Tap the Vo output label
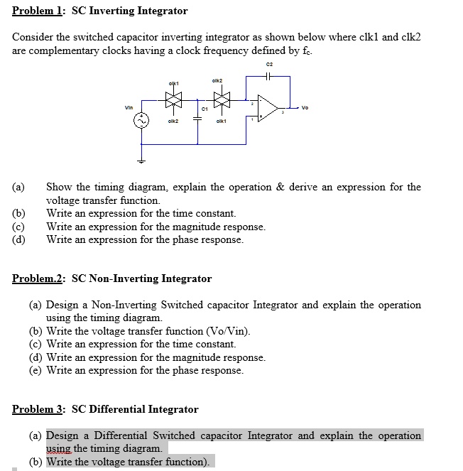[305, 109]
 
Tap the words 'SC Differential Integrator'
[135, 409]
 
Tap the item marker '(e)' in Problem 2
[36, 370]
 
